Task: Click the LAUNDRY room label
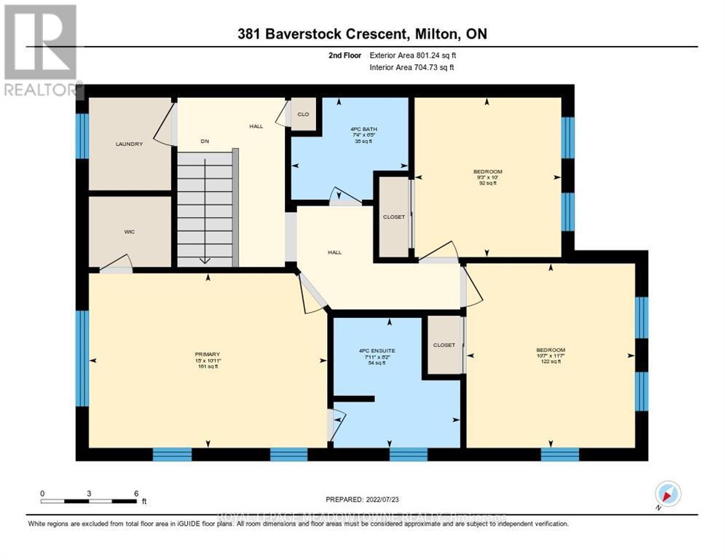tap(129, 144)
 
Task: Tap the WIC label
tap(129, 231)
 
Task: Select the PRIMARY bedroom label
tap(207, 354)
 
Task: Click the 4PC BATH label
tap(351, 129)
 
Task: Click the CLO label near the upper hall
tap(303, 114)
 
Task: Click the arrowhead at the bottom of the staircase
tap(205, 261)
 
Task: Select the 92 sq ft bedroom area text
tap(487, 183)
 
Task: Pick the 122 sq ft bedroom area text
tap(551, 362)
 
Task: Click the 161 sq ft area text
tap(207, 367)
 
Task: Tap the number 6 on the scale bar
tap(136, 494)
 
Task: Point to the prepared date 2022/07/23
tap(363, 499)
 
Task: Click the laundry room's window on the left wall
tap(82, 136)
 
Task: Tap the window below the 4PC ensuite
tap(408, 454)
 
